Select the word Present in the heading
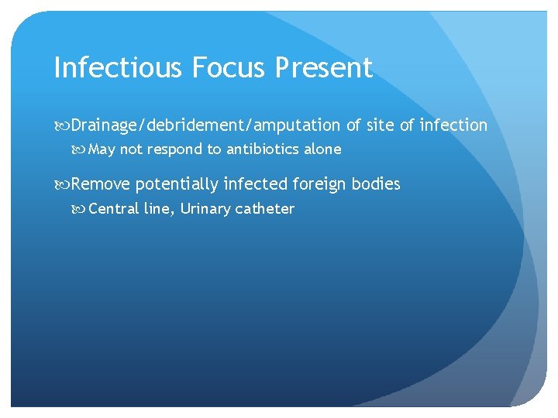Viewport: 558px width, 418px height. click(x=324, y=68)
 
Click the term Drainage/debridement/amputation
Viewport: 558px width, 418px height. click(x=205, y=125)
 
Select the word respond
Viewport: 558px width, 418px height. click(x=175, y=149)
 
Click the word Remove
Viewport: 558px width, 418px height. click(x=101, y=184)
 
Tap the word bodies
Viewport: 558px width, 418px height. click(x=376, y=184)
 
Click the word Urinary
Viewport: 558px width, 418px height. click(x=205, y=208)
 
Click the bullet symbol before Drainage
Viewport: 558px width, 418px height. click(x=62, y=125)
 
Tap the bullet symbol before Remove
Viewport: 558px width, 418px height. click(x=62, y=184)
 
